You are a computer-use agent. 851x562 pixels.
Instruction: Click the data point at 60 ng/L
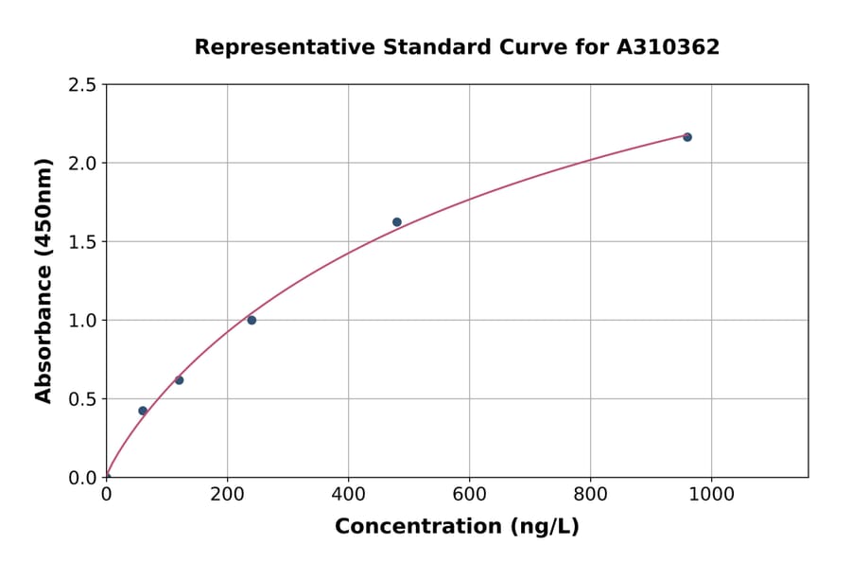[x=143, y=411]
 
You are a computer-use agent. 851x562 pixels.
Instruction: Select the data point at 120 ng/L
[x=179, y=380]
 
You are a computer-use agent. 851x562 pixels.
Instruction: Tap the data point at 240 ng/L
[x=252, y=320]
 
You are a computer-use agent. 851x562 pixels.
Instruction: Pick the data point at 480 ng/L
[x=397, y=222]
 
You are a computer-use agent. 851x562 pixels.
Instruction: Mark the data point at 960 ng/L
[x=687, y=137]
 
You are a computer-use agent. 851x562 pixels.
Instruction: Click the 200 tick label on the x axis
[x=227, y=494]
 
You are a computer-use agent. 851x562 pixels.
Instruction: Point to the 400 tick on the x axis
[x=348, y=494]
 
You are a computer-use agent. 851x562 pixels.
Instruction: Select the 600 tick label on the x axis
[x=469, y=494]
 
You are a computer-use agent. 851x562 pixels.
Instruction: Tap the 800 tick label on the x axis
[x=590, y=494]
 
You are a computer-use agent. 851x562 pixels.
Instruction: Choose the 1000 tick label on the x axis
[x=711, y=494]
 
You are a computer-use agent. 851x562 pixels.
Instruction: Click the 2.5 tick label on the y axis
[x=82, y=85]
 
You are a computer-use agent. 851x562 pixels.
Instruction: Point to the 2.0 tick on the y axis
[x=82, y=164]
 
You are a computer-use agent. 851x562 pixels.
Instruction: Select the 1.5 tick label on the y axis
[x=82, y=242]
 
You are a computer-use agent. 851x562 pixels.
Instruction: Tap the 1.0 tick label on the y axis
[x=82, y=321]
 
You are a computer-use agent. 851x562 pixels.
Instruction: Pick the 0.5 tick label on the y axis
[x=82, y=399]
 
